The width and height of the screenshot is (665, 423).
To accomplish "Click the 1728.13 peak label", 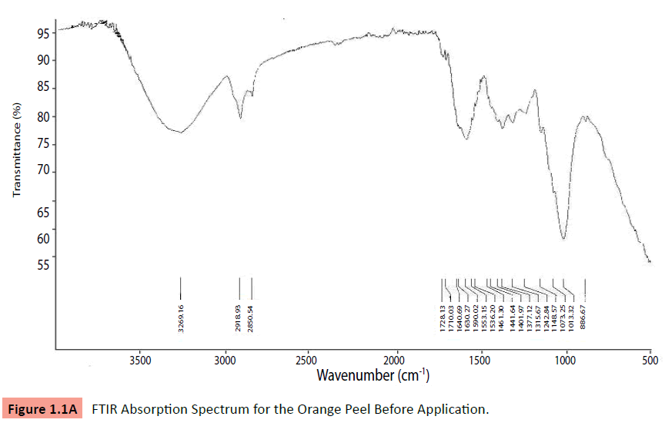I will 443,318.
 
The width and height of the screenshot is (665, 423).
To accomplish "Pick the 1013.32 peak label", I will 571,318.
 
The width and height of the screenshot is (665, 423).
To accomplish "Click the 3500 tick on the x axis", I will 139,359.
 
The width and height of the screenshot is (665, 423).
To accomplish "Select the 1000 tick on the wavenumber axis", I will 566,359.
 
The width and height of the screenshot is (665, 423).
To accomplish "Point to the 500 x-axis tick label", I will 650,359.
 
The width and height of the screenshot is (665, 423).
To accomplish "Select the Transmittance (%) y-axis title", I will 16,149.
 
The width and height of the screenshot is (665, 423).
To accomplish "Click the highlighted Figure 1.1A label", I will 43,408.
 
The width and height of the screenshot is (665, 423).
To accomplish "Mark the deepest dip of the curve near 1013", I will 563,239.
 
